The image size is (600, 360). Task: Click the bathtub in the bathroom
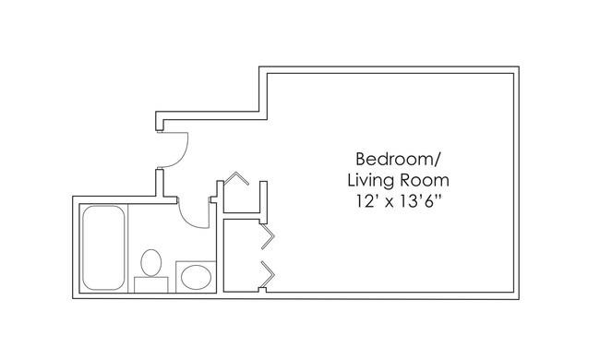click(103, 247)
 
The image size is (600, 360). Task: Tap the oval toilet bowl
click(151, 262)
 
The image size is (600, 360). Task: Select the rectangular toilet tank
click(151, 285)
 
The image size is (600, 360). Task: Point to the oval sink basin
click(196, 277)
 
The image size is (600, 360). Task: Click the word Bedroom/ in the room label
click(399, 159)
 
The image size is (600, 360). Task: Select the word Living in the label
click(371, 180)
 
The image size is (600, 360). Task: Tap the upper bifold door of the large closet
click(268, 236)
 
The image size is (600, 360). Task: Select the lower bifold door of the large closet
click(268, 274)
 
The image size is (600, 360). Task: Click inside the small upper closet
click(242, 199)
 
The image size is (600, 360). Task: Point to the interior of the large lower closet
click(241, 255)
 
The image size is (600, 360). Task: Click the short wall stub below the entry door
click(160, 183)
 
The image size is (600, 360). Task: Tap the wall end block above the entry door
click(160, 124)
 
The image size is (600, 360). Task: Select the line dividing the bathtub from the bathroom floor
click(127, 248)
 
